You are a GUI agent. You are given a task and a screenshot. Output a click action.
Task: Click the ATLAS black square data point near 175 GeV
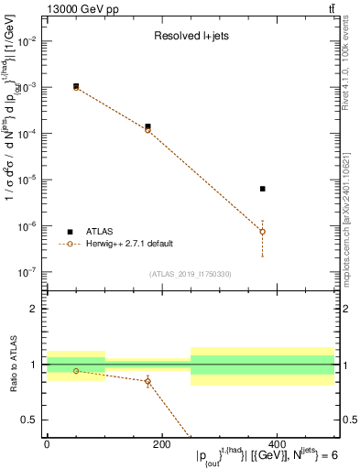147,126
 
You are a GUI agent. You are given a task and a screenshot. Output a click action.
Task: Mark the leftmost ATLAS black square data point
76,86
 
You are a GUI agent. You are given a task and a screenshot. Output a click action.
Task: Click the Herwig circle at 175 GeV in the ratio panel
147,381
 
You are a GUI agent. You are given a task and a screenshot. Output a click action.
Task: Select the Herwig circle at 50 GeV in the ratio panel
76,371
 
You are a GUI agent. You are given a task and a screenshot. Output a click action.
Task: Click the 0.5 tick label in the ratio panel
28,420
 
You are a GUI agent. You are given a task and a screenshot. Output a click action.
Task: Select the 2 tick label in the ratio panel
33,309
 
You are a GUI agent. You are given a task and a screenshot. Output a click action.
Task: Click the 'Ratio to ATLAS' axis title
12,365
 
